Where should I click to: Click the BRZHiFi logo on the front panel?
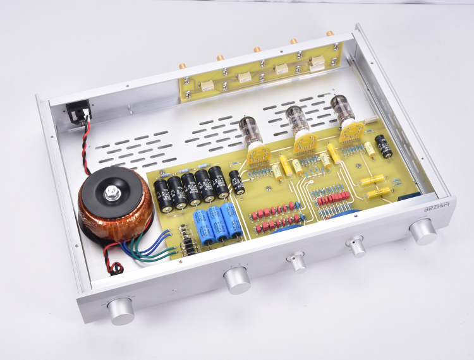420,207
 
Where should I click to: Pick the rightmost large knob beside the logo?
423,232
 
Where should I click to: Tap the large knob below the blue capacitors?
237,279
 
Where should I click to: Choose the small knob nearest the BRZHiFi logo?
358,246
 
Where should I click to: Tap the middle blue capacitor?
217,224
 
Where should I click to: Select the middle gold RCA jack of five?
257,49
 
